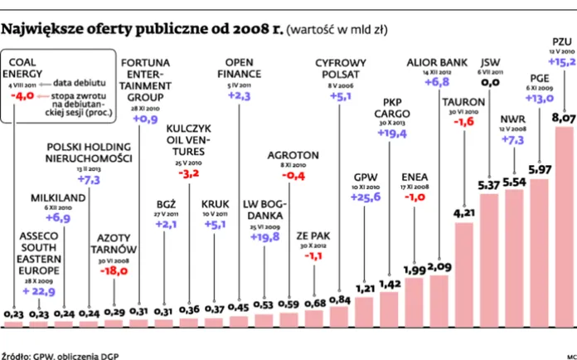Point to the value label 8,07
563,118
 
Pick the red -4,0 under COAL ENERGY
21,95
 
